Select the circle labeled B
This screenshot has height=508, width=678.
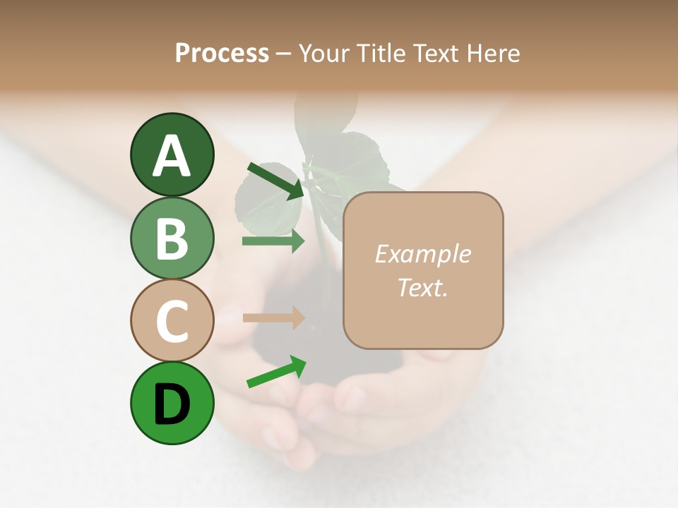[x=172, y=238]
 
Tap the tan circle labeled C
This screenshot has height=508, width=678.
[x=172, y=321]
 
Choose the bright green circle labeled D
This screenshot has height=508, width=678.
[x=172, y=404]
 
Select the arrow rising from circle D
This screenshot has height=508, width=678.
[x=276, y=372]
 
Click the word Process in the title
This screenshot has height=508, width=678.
[x=222, y=54]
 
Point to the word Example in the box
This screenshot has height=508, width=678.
[x=422, y=255]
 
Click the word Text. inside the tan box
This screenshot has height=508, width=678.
[x=422, y=288]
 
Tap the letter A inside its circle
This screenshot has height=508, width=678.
[x=172, y=157]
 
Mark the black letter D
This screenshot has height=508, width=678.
[x=172, y=404]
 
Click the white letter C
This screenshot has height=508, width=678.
[x=172, y=322]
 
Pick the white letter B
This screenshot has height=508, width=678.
[x=172, y=238]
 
